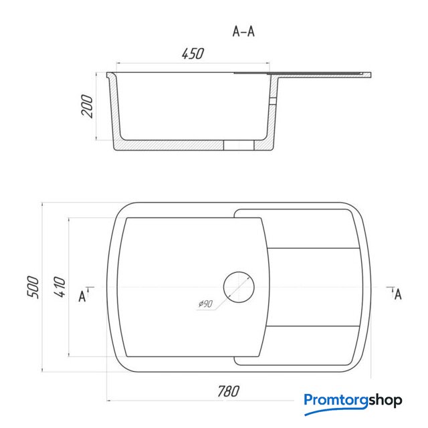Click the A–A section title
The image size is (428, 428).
pos(243,31)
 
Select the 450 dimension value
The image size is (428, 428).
pos(193,53)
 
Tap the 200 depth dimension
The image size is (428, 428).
pos(87,106)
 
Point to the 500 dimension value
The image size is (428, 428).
pos(33,287)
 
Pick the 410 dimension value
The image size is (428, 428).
pos(60,287)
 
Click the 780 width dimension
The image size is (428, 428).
pos(229,391)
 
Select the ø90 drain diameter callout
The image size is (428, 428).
pos(205,304)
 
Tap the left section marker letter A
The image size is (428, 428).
pos(82,296)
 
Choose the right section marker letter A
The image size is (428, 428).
pos(398,294)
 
